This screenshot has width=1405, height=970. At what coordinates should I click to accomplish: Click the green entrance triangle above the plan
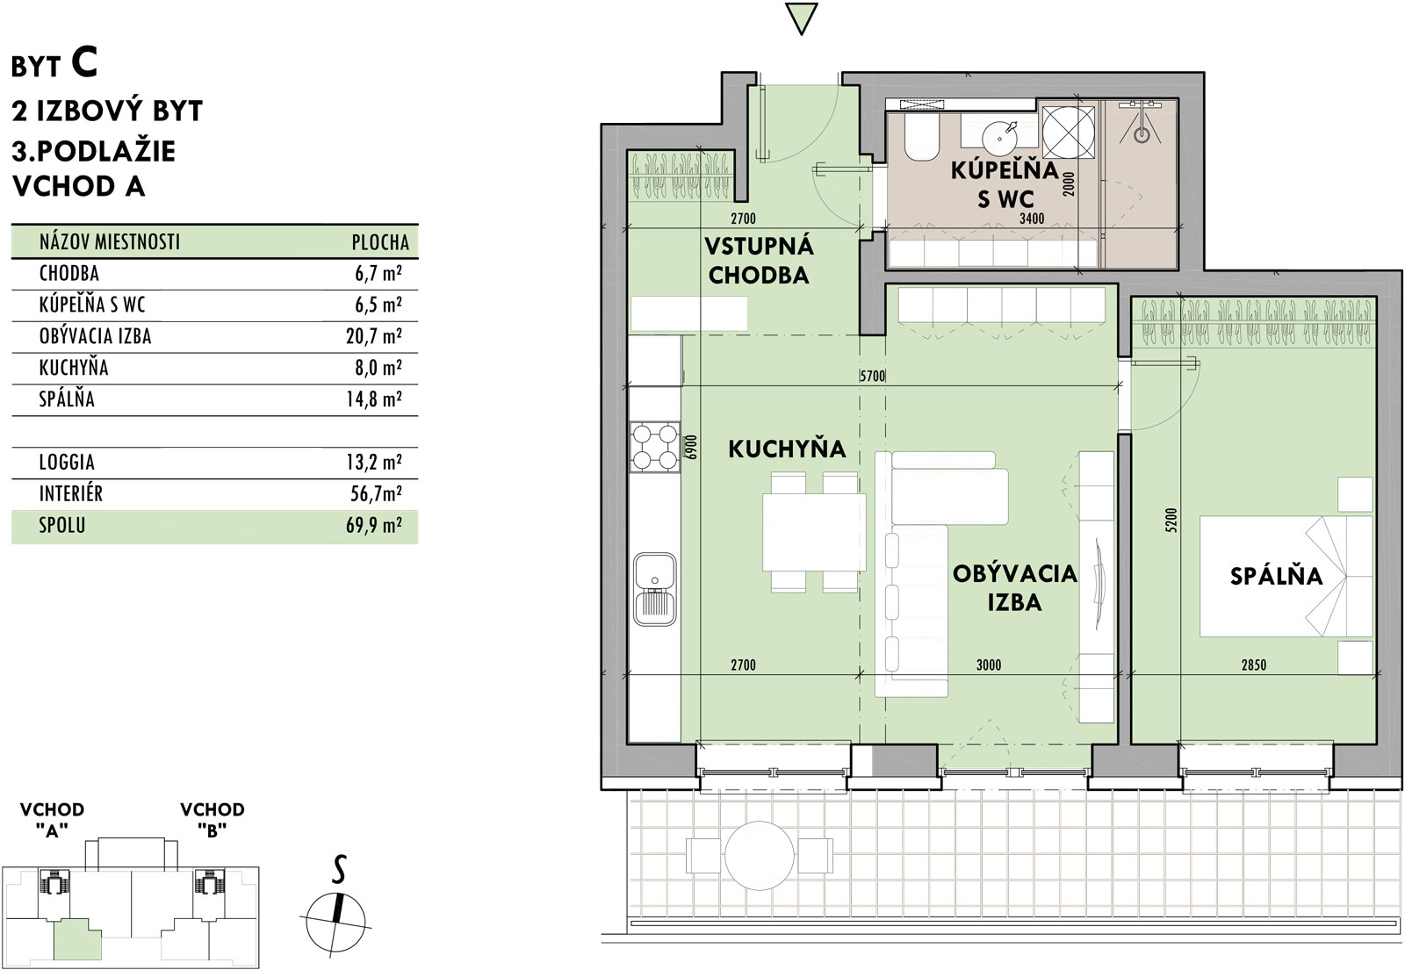pos(801,18)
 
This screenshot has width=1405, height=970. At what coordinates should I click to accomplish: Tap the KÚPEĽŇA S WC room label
pos(1005,184)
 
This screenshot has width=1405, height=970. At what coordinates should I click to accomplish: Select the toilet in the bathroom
pos(921,140)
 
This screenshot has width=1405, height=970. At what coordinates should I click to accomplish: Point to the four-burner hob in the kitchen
pos(655,447)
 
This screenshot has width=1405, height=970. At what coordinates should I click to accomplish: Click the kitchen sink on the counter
pos(655,589)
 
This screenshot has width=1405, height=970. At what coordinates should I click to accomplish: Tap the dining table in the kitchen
pos(814,532)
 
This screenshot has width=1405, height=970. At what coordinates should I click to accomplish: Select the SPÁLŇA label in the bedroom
pos(1276,576)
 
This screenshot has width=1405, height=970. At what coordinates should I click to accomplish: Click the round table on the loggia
pos(760,855)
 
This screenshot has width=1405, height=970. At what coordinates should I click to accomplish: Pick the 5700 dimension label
pos(872,376)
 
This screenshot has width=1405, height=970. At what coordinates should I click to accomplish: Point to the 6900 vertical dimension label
pos(691,448)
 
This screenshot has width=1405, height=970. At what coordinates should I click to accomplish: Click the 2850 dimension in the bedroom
pos(1253,665)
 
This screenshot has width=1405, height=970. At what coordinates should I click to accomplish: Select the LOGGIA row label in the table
pos(67,463)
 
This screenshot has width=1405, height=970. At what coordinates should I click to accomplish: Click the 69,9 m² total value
pos(374,526)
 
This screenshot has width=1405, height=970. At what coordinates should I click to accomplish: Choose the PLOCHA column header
pos(380,242)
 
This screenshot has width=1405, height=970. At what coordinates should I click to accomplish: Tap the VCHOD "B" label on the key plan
pos(212,820)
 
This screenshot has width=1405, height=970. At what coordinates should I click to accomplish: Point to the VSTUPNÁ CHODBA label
pos(759,260)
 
